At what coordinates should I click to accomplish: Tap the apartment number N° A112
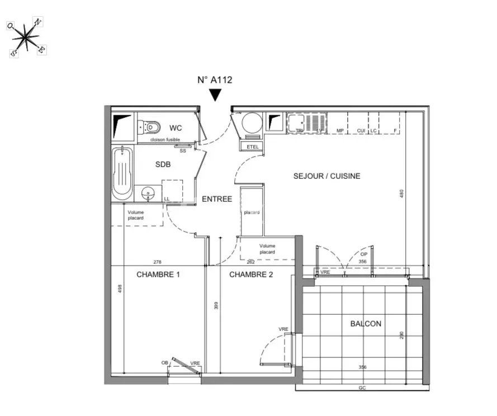coord(215,79)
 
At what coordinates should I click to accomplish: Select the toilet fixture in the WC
coord(149,127)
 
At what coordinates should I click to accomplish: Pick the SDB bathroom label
coord(163,164)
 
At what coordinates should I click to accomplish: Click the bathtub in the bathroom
coord(121,172)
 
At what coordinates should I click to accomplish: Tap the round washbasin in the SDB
coord(148,193)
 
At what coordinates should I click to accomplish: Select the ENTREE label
coord(216,198)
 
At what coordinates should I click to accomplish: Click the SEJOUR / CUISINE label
coord(327,176)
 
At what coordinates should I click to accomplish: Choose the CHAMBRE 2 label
coord(251,275)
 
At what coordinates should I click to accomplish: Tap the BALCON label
coord(366,324)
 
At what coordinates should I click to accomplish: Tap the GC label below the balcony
coord(362,388)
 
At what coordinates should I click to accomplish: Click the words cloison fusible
coord(165,139)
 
